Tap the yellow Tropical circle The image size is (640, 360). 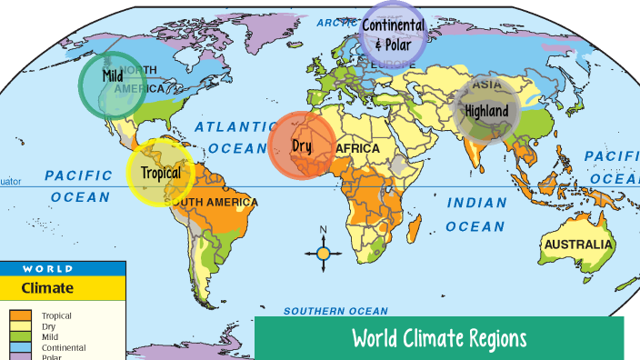pyautogui.click(x=160, y=172)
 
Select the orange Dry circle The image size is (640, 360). pyautogui.click(x=302, y=145)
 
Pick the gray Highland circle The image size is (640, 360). pyautogui.click(x=486, y=110)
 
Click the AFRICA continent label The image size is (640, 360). pyautogui.click(x=358, y=148)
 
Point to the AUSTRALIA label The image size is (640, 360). pyautogui.click(x=578, y=245)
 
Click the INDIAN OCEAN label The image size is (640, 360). pyautogui.click(x=475, y=215)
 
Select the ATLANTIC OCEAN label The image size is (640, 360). pyautogui.click(x=236, y=137)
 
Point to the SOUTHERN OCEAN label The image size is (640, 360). pyautogui.click(x=335, y=311)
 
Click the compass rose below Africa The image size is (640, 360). pyautogui.click(x=323, y=254)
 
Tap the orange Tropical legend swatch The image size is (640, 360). pyautogui.click(x=21, y=316)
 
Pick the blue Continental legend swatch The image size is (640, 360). pyautogui.click(x=21, y=347)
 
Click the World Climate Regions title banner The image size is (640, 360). pyautogui.click(x=439, y=338)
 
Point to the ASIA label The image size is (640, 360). pyautogui.click(x=487, y=85)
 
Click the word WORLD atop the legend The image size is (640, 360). pyautogui.click(x=48, y=269)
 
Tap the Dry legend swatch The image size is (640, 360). pyautogui.click(x=21, y=326)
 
